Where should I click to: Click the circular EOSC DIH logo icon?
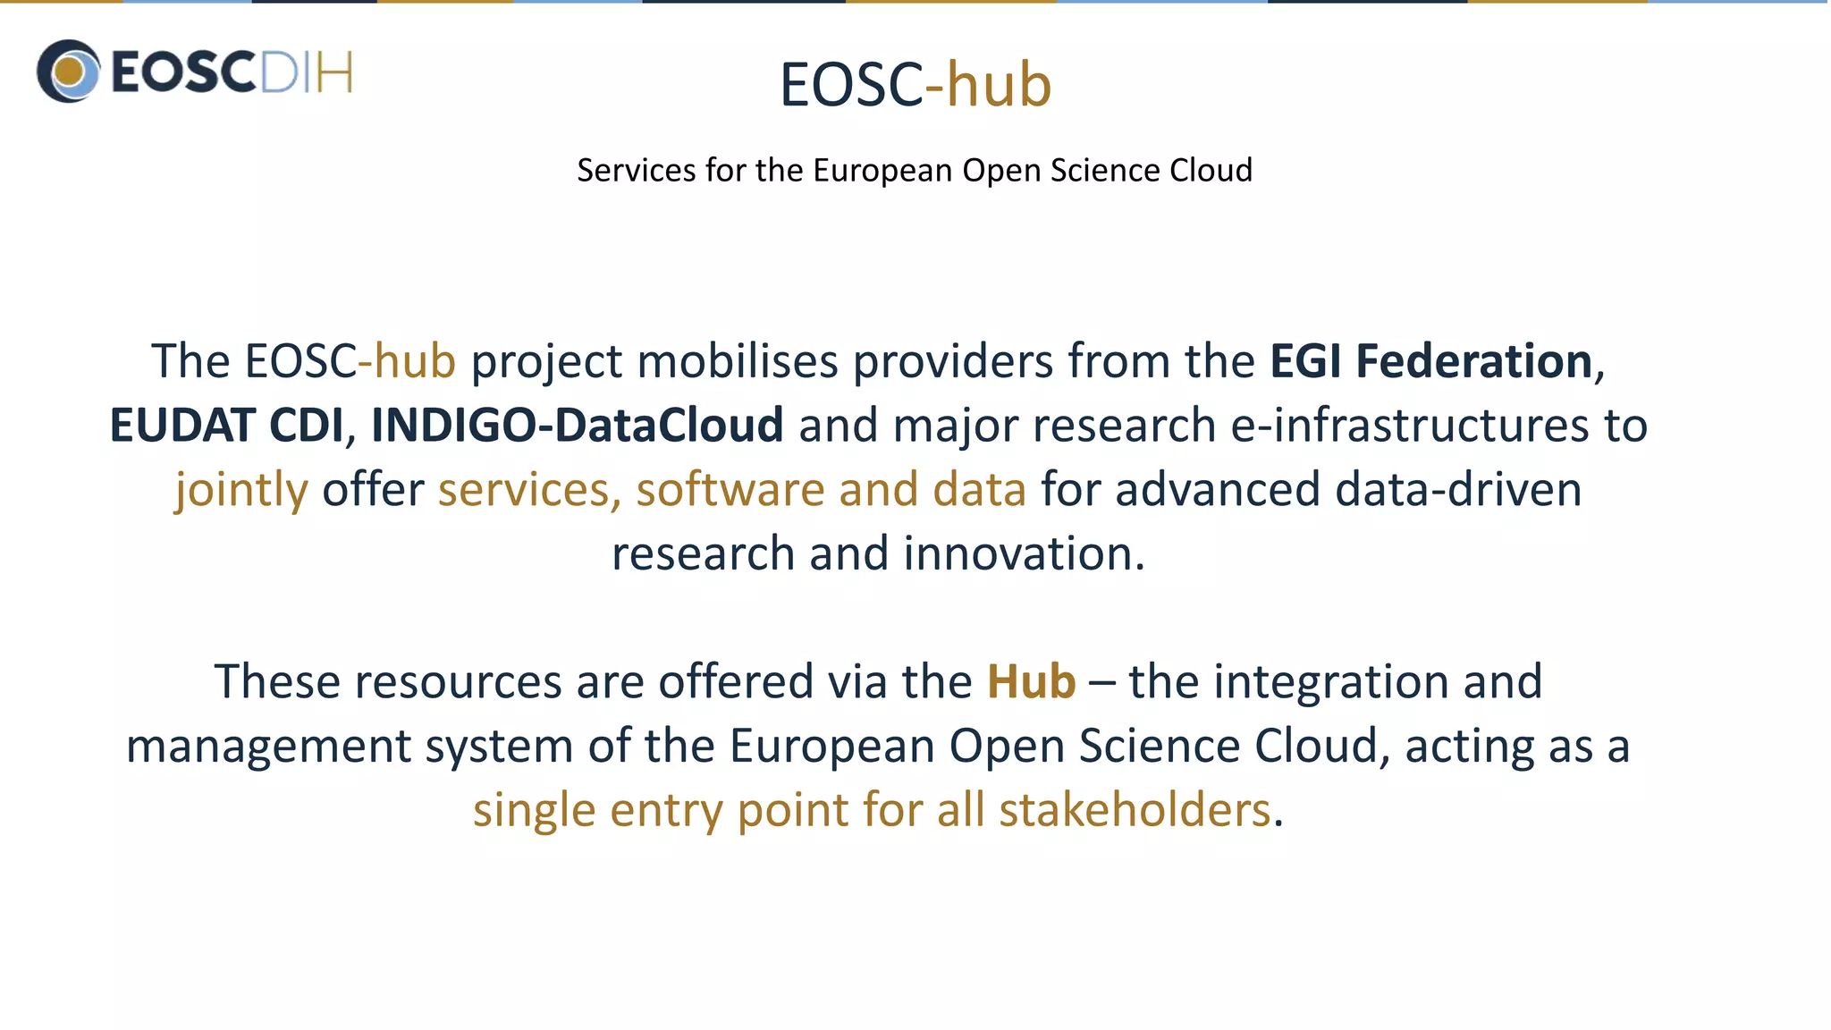click(x=68, y=72)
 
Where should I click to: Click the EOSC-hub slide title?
click(x=915, y=85)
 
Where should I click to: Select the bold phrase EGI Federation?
click(x=1430, y=361)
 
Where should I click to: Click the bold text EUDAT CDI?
click(x=226, y=426)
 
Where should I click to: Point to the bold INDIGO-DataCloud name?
click(x=577, y=426)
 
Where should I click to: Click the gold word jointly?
click(x=241, y=491)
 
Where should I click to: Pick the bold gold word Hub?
click(x=1031, y=682)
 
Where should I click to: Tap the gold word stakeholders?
click(x=1134, y=811)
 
